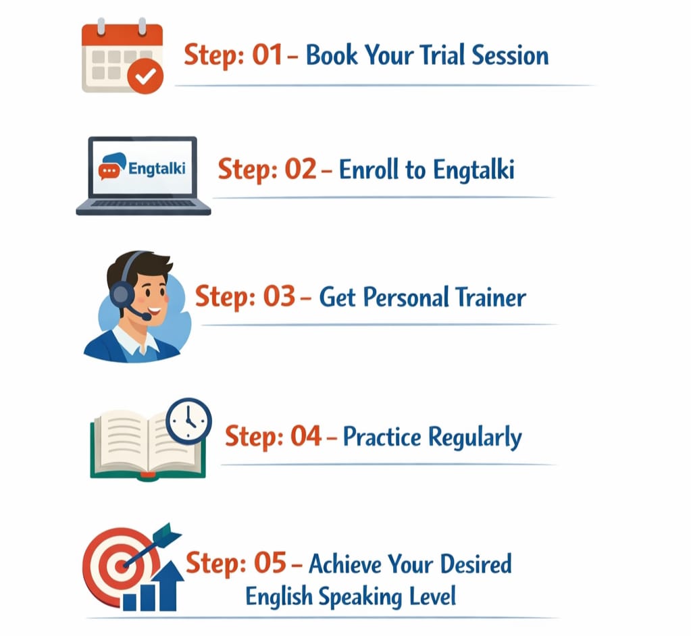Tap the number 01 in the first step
[x=267, y=55]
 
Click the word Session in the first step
[x=510, y=55]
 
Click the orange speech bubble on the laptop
[x=109, y=171]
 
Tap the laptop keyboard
[x=143, y=203]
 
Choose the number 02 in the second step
[x=301, y=169]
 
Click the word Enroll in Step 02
[x=368, y=169]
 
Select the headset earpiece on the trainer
[x=122, y=293]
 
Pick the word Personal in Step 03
[x=406, y=297]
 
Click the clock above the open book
[x=188, y=421]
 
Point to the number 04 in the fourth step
[x=306, y=436]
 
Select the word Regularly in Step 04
[x=475, y=438]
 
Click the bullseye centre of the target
[x=122, y=566]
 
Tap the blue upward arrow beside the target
[x=168, y=586]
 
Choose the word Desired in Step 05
[x=476, y=564]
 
